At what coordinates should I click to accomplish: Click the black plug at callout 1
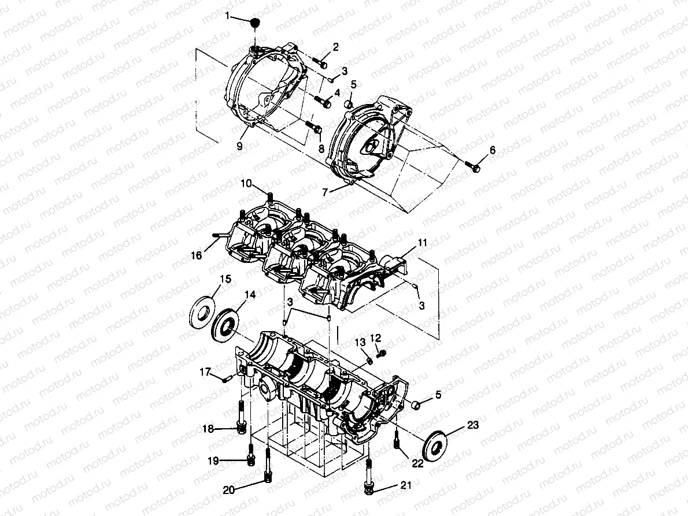(254, 23)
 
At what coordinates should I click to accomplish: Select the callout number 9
(239, 147)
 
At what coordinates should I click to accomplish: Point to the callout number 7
(325, 191)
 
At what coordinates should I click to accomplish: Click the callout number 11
(423, 243)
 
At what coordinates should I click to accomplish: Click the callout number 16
(197, 255)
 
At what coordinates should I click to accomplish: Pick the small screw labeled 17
(227, 378)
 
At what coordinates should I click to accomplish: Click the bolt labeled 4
(324, 103)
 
